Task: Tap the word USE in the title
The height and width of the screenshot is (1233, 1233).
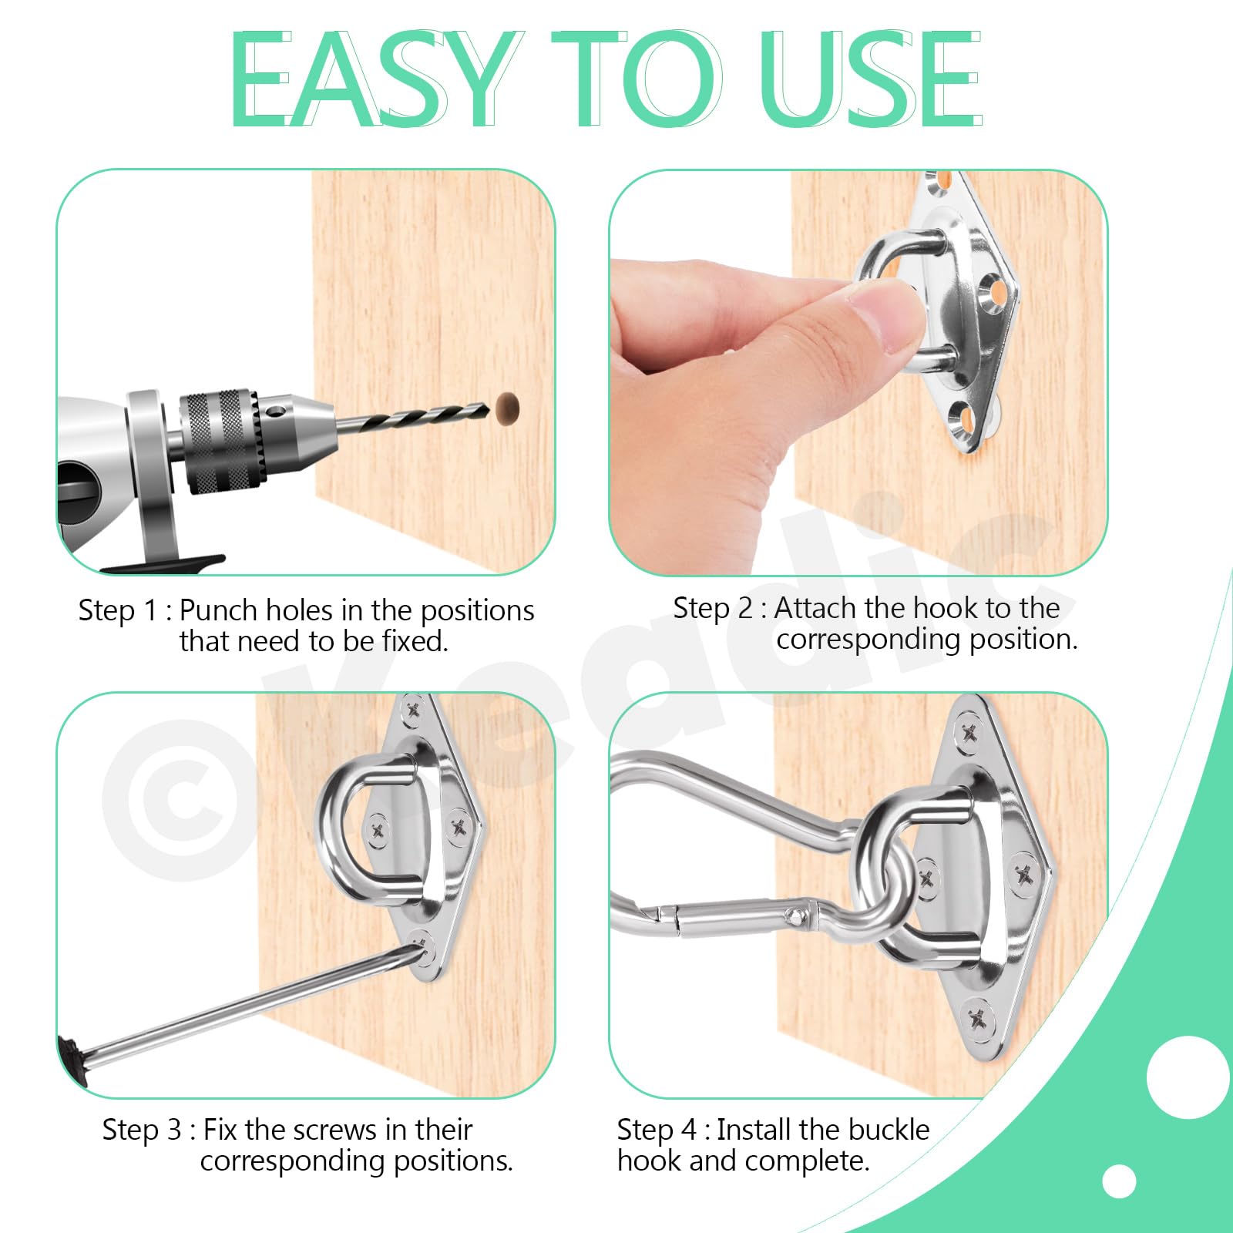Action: [x=872, y=79]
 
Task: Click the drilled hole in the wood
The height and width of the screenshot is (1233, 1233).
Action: [x=508, y=408]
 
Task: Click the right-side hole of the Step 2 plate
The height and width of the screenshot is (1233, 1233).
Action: [x=995, y=294]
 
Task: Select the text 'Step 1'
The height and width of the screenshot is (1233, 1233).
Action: [x=118, y=610]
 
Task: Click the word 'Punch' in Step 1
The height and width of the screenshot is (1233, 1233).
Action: [x=218, y=610]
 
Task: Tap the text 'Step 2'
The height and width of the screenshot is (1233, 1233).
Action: [x=713, y=608]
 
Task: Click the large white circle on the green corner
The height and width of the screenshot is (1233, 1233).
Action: [x=1188, y=1077]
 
